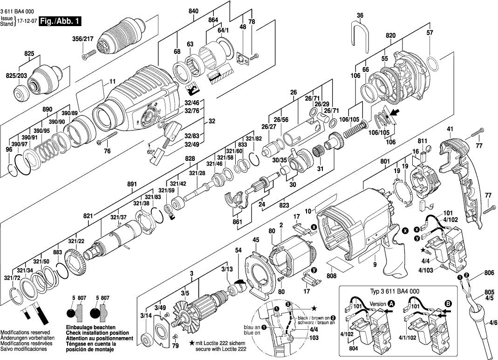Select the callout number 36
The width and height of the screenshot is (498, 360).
(360, 16)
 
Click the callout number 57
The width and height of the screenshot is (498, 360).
(430, 33)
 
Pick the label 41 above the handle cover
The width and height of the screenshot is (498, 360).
(450, 129)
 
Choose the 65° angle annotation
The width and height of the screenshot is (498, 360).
(151, 152)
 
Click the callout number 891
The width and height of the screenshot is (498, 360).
(132, 184)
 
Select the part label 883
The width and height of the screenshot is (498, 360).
(58, 252)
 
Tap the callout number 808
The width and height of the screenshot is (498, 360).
(332, 275)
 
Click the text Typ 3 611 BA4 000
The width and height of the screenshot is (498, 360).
(394, 291)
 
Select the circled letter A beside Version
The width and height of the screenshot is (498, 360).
(391, 303)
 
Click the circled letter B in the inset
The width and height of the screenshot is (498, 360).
(449, 303)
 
